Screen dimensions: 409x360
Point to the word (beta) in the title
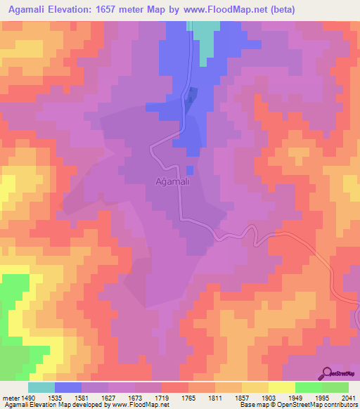(278, 10)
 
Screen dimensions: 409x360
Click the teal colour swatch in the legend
(41, 387)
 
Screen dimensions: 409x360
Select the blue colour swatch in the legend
(68, 387)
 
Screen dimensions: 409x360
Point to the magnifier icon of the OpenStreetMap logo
(328, 374)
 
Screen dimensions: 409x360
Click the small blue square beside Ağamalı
(190, 170)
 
